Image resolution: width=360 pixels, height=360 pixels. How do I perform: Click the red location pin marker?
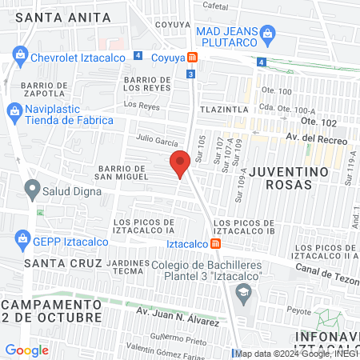[180, 163]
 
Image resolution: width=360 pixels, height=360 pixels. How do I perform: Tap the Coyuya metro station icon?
[192, 57]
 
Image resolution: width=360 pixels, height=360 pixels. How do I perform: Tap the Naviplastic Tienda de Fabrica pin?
[13, 110]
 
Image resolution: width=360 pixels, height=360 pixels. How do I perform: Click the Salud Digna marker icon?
[32, 190]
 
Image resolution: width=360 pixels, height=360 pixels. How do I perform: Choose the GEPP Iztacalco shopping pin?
[18, 240]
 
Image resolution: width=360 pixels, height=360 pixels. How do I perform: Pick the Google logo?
[26, 350]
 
